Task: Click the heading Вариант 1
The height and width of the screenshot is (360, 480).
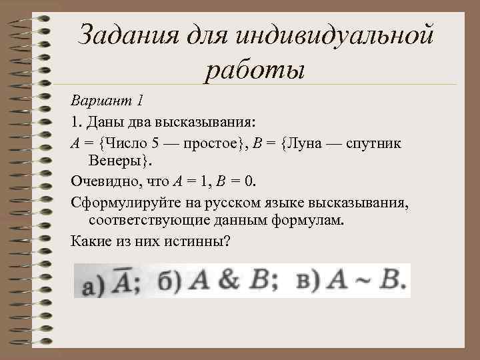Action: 107,101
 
